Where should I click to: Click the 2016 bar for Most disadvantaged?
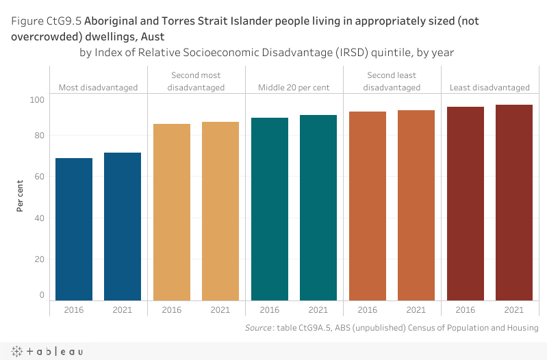74,229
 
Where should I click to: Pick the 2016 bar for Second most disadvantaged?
172,212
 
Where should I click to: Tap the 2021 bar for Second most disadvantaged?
220,211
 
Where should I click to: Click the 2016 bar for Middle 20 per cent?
270,209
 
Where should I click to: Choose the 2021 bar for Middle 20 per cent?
318,207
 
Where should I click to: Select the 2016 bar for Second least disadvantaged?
368,206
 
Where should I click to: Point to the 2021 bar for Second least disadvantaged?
416,205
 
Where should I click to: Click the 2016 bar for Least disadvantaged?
466,203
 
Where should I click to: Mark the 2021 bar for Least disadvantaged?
514,203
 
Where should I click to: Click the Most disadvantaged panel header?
98,88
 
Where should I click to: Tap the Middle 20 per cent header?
294,88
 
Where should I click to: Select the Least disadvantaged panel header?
489,88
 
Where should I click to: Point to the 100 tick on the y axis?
37,100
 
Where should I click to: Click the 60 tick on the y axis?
39,177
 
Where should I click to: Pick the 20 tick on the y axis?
39,259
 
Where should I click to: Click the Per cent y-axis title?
21,196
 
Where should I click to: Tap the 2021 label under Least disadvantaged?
514,310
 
